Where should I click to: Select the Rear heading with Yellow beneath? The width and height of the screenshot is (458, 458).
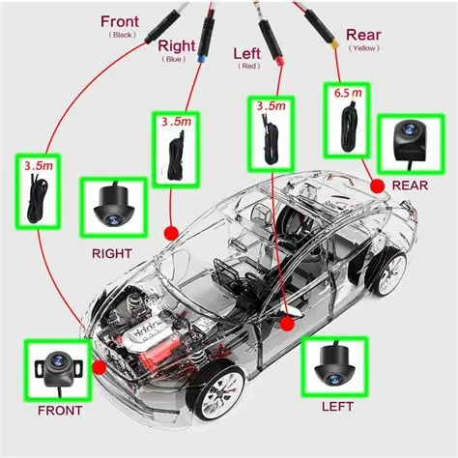pos(350,36)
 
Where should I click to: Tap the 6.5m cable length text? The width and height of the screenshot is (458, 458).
pos(347,93)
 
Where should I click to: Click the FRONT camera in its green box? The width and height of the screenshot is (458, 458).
pos(57,368)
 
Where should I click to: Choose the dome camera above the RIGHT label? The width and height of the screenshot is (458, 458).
pos(114,209)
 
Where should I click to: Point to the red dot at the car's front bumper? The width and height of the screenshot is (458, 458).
pos(99,367)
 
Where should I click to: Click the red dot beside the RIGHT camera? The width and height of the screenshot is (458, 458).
pos(172,232)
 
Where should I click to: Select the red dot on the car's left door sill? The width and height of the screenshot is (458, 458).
pos(287,325)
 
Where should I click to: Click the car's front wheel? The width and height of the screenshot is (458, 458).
pos(219,393)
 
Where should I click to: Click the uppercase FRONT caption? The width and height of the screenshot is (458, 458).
pos(61,410)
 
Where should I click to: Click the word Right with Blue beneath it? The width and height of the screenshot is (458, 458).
pos(176,44)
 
